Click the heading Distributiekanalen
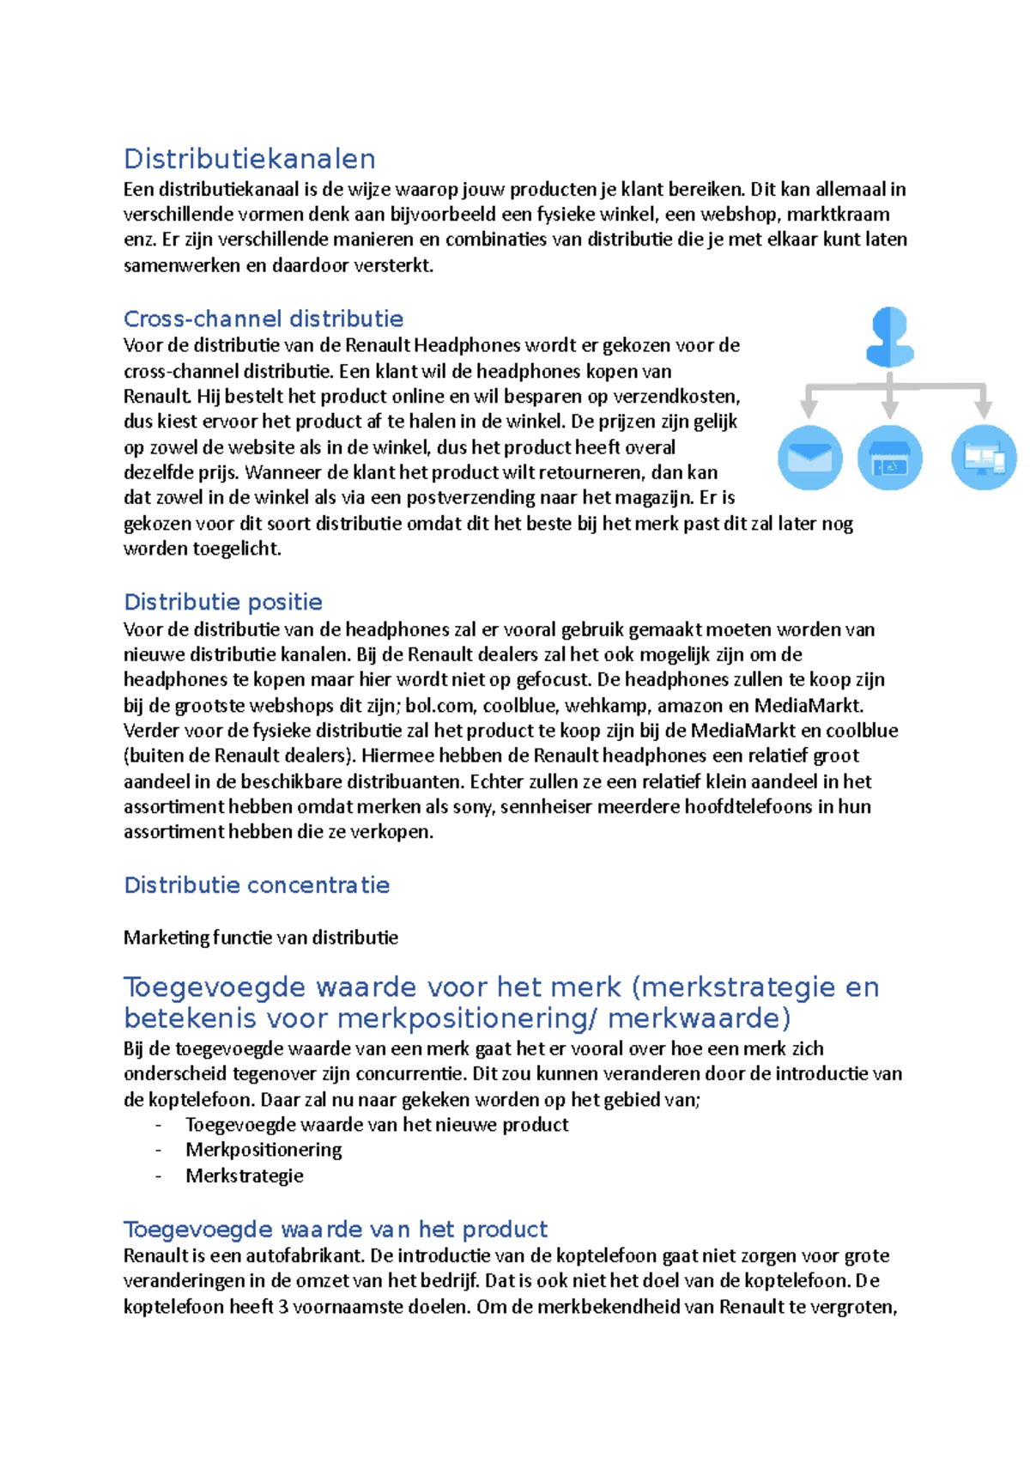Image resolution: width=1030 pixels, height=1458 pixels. tap(249, 159)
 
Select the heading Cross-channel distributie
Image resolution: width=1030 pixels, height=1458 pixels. tap(263, 319)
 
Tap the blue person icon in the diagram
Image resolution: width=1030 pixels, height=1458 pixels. tap(889, 337)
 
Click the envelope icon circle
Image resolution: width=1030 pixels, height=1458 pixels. tap(809, 457)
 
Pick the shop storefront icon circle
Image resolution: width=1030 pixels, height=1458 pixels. tap(890, 457)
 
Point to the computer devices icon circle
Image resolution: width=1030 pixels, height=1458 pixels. tap(984, 457)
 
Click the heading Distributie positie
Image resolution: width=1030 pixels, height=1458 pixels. tap(222, 602)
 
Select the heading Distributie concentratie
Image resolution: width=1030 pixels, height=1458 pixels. tap(256, 885)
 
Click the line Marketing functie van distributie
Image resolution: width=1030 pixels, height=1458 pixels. tap(260, 938)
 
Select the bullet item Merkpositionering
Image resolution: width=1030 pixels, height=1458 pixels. tap(264, 1150)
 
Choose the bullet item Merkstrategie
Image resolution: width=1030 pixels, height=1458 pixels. tap(244, 1176)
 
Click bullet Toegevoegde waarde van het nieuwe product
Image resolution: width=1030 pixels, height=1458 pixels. tap(376, 1125)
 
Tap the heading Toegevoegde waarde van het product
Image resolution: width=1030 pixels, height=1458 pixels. tap(335, 1230)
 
